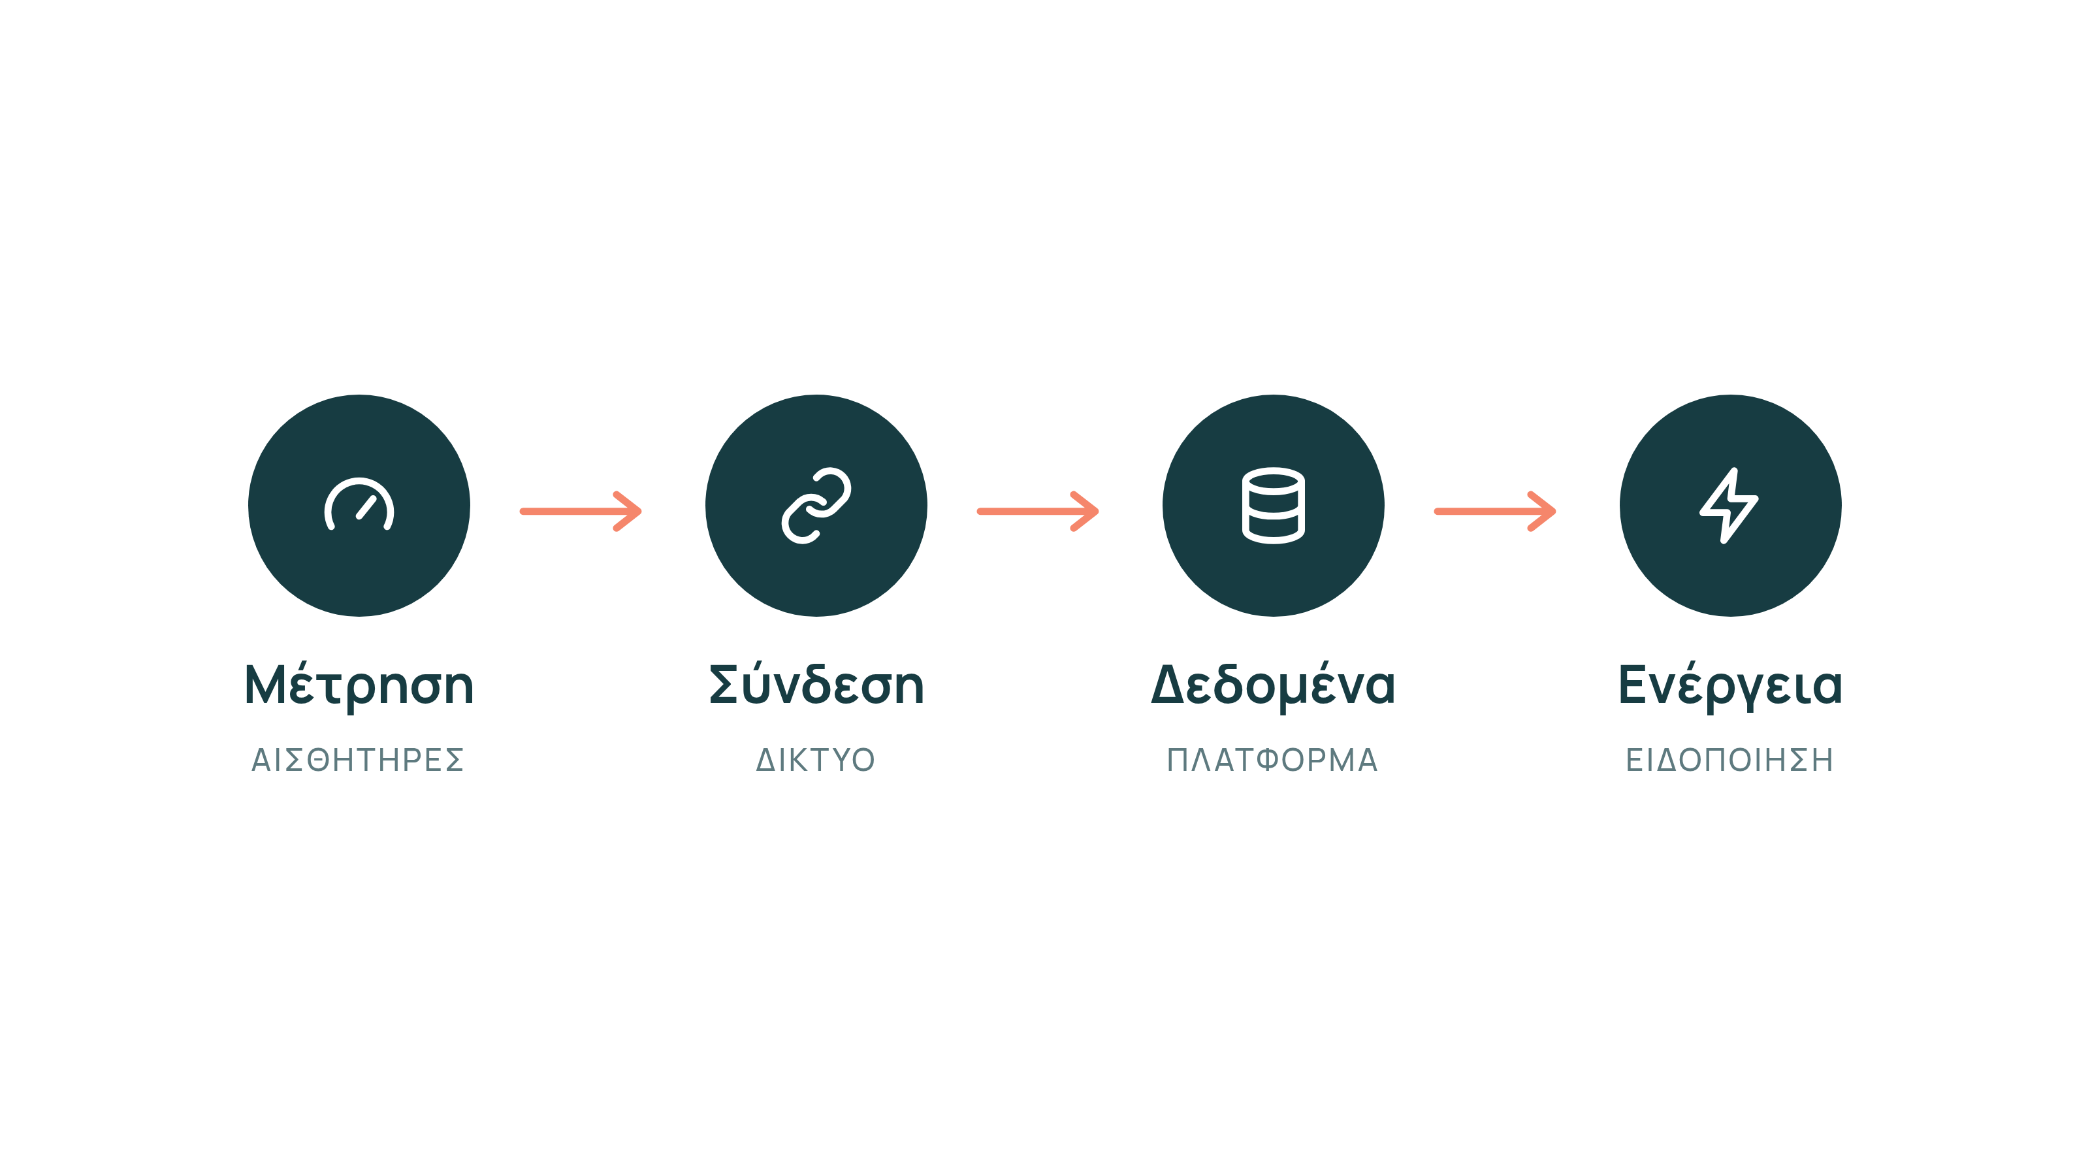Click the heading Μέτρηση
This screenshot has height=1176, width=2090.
click(x=359, y=687)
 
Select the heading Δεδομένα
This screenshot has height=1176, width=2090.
click(x=1273, y=687)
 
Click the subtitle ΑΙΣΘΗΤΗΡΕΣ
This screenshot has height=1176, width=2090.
click(x=358, y=760)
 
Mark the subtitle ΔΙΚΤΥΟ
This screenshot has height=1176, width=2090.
click(x=815, y=760)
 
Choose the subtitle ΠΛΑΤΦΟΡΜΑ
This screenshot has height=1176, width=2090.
click(x=1272, y=760)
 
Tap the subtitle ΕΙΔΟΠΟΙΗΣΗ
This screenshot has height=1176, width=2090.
click(x=1729, y=760)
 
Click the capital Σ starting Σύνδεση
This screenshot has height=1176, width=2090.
click(x=727, y=684)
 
